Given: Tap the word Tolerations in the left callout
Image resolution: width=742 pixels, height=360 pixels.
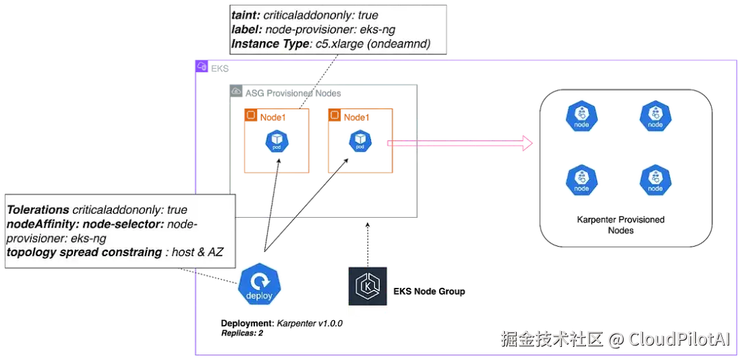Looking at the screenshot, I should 38,210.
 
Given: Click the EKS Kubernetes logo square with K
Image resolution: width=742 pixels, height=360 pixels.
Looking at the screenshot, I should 368,289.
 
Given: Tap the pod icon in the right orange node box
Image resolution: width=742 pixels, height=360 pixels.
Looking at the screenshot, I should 360,142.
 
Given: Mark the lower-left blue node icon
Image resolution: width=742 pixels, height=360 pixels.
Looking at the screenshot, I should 581,179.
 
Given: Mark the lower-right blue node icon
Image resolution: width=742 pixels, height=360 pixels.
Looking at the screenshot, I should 655,179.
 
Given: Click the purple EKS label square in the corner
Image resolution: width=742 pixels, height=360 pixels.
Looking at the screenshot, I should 201,67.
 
